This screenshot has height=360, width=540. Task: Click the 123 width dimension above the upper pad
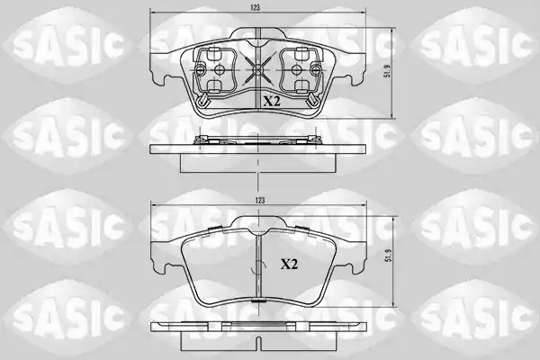click(255, 7)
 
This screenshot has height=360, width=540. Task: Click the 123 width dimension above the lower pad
click(260, 201)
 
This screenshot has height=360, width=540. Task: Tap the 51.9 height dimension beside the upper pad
click(388, 70)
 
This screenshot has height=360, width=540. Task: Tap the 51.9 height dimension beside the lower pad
click(389, 256)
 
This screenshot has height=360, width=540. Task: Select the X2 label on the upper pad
click(272, 102)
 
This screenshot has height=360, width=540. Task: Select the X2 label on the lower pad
click(289, 265)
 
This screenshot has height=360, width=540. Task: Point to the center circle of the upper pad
click(257, 70)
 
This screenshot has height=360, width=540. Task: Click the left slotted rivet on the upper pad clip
click(200, 70)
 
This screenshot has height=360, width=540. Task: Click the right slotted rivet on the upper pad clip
click(315, 70)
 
